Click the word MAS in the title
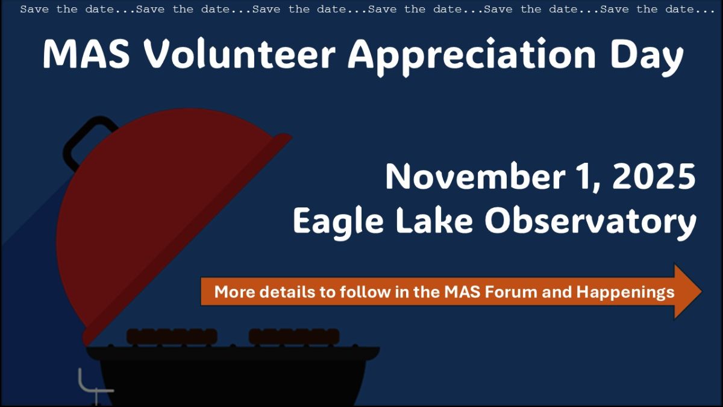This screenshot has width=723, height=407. click(x=87, y=54)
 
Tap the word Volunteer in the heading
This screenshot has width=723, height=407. click(x=240, y=53)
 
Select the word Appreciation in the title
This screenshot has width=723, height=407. click(x=472, y=57)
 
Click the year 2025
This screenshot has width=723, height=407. click(x=654, y=177)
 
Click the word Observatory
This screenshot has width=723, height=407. click(x=590, y=224)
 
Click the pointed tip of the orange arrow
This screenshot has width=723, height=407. click(x=701, y=291)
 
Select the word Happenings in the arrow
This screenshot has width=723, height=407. click(x=625, y=293)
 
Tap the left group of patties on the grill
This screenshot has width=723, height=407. click(x=172, y=336)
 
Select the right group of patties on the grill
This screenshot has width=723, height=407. click(x=294, y=336)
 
